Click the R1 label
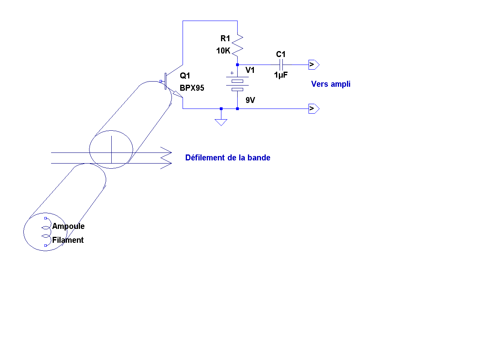click(225, 38)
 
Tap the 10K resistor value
click(223, 51)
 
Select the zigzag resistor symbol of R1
click(237, 44)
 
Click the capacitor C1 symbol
click(281, 64)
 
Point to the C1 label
click(281, 54)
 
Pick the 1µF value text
click(281, 74)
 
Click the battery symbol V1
click(237, 84)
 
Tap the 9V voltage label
click(250, 100)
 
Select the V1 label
click(250, 70)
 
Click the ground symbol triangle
click(221, 122)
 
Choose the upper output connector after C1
click(314, 64)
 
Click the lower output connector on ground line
click(314, 109)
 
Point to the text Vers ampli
click(331, 84)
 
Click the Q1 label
click(185, 76)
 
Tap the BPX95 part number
click(192, 88)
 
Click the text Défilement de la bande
click(228, 158)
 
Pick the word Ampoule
click(69, 227)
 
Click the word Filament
click(68, 240)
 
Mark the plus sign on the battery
click(232, 72)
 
